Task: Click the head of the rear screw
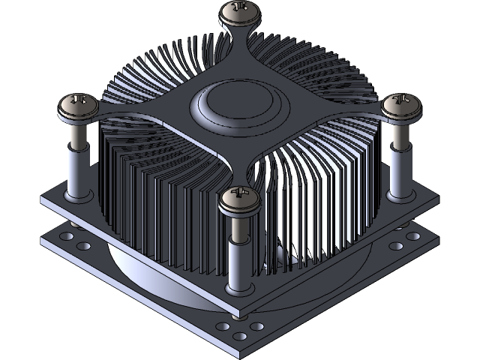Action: [x=239, y=10]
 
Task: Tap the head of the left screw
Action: [x=78, y=105]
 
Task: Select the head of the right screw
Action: [x=402, y=105]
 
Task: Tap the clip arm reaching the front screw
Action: [x=239, y=169]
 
